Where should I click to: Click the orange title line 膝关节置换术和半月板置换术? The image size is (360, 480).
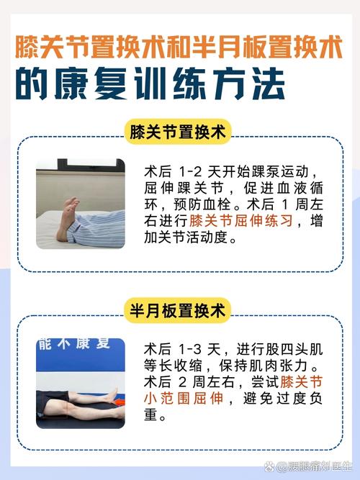point(179,47)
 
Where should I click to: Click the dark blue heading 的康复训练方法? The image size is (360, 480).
point(150,83)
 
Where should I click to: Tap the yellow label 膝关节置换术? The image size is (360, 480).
point(177,132)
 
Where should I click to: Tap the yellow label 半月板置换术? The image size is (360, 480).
point(177,311)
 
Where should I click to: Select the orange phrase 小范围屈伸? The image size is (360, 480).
point(183,398)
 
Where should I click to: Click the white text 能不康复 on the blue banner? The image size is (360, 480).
point(74,344)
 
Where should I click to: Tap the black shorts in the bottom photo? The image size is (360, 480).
point(53,404)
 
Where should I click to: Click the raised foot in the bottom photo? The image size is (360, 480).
point(114,393)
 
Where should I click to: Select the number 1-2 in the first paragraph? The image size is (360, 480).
point(189,172)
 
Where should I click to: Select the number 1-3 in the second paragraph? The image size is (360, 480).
point(189,349)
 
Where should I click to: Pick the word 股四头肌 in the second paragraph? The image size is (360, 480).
point(294,349)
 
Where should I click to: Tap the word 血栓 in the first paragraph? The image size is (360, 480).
point(217,204)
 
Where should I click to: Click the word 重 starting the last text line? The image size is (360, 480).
point(151,415)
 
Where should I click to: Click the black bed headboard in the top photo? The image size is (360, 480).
point(91,163)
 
